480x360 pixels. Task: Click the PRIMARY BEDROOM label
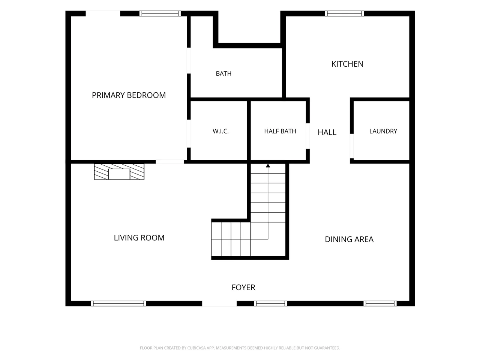(129, 95)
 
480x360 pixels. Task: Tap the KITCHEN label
(347, 64)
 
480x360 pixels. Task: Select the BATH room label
(223, 73)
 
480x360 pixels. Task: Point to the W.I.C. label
(220, 131)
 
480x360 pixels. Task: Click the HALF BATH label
(280, 131)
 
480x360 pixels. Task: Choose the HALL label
(327, 132)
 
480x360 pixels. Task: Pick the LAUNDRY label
(383, 131)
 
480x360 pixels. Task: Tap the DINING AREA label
(349, 239)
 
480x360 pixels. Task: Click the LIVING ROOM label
(139, 238)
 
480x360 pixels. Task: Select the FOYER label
(243, 287)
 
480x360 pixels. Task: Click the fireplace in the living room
(119, 172)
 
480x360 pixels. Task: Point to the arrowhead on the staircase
(268, 166)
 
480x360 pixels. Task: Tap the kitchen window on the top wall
(344, 13)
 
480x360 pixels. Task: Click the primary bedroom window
(160, 13)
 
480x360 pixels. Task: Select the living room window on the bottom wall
(118, 303)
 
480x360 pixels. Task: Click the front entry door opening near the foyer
(219, 303)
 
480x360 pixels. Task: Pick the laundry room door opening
(352, 146)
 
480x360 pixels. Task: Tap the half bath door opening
(307, 136)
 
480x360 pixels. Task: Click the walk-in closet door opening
(189, 133)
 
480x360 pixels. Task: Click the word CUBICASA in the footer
(196, 348)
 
